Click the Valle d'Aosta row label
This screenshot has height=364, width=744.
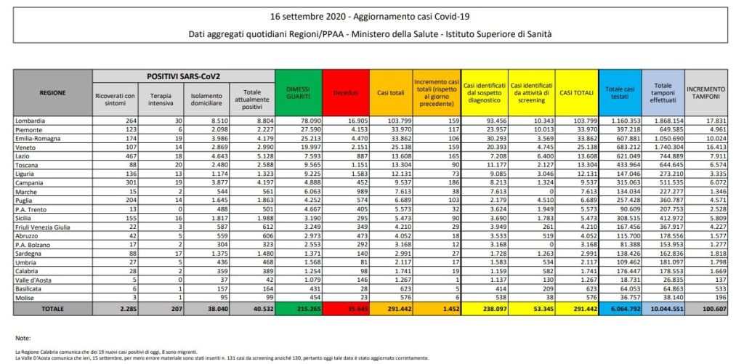33,278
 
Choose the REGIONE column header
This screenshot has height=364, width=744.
52,92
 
